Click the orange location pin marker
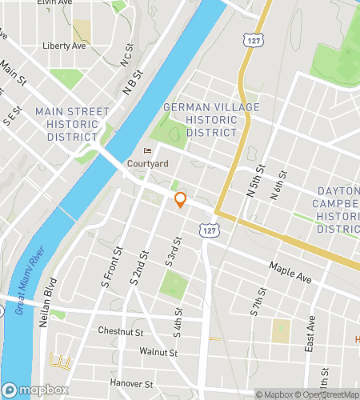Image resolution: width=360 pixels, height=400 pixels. tap(181, 200)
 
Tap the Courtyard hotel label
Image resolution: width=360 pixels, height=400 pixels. tap(147, 164)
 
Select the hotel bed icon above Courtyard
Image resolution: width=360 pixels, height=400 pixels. tap(146, 150)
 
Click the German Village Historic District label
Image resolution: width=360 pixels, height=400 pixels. tap(200, 119)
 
